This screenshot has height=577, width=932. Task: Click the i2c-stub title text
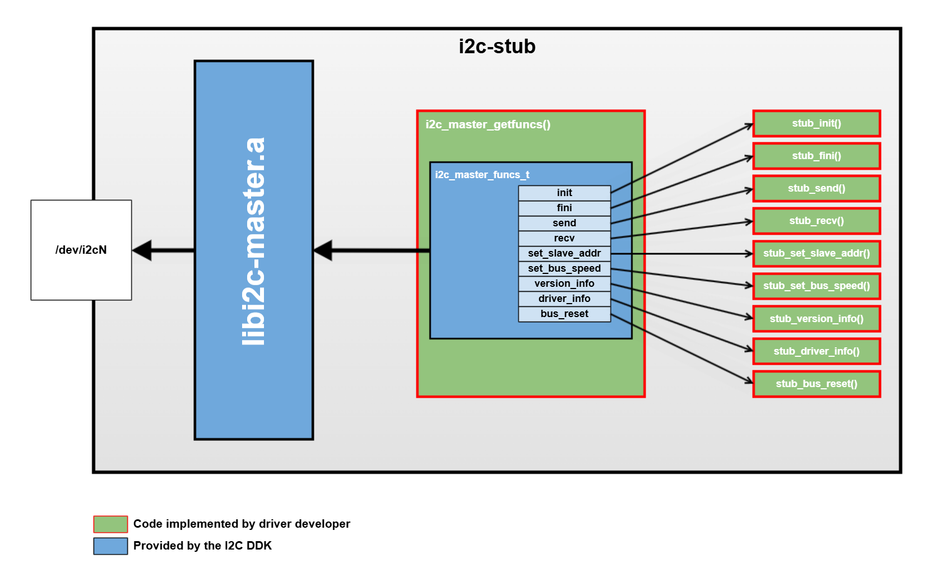(497, 46)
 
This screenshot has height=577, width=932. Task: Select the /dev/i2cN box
(81, 250)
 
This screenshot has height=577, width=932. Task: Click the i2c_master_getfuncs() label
(488, 124)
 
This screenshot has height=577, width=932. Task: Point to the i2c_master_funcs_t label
(482, 175)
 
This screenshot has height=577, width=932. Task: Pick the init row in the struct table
(564, 193)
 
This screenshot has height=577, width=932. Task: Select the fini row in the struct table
(564, 208)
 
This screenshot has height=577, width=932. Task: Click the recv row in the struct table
(564, 238)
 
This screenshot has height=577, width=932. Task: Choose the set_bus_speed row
(564, 268)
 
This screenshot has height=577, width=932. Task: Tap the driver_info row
(564, 299)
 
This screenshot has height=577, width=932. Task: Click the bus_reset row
(564, 314)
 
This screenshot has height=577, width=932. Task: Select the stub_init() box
(817, 123)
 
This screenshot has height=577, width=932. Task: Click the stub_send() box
(817, 188)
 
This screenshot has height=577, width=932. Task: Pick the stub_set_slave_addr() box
(817, 253)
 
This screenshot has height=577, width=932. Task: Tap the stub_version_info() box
(817, 319)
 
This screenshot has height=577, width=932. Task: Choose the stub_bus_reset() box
(817, 384)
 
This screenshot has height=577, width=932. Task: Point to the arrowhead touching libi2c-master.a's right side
(323, 250)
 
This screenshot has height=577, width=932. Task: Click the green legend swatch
(110, 524)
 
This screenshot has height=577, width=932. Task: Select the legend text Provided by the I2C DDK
(202, 546)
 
